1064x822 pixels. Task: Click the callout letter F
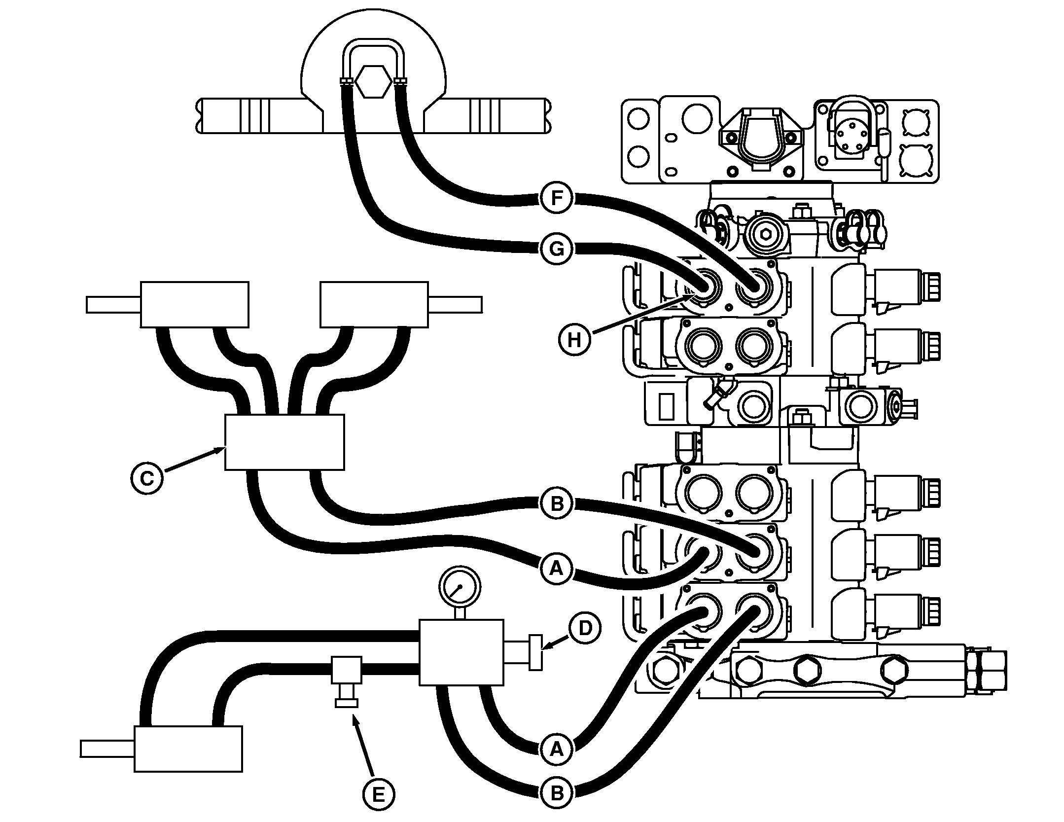point(556,198)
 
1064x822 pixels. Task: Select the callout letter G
point(556,249)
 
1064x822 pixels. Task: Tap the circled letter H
point(574,339)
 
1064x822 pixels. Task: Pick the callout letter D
point(584,628)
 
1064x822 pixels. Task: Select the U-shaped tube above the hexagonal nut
point(373,52)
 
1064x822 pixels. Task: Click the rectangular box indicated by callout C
point(284,442)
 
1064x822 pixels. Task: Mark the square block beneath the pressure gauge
point(461,652)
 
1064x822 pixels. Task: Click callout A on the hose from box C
point(556,569)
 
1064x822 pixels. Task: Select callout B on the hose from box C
point(556,504)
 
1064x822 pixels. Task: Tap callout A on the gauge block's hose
point(556,750)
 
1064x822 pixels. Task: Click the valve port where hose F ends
point(753,287)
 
